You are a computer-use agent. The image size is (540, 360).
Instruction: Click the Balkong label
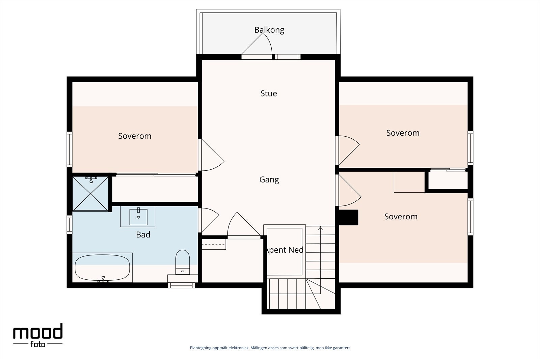[x=269, y=30]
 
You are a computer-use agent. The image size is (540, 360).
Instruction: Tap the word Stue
[x=269, y=93]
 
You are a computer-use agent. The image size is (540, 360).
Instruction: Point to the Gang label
[x=269, y=180]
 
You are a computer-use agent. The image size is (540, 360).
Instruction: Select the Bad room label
[x=143, y=235]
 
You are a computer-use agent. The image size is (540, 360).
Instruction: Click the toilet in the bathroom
[x=183, y=262]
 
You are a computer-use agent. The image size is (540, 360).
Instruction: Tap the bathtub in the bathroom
[x=103, y=268]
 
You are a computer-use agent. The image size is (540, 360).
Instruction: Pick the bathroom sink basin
[x=138, y=217]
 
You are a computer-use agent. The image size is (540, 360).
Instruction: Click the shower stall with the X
[x=90, y=193]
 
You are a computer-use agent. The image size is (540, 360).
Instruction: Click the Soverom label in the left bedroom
[x=135, y=136]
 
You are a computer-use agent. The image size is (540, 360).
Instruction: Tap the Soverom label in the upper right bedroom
[x=403, y=133]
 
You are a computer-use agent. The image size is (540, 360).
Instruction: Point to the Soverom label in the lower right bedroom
[x=401, y=217]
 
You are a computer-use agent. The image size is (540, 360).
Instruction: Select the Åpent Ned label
[x=284, y=250]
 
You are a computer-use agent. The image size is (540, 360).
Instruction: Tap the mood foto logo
[x=38, y=335]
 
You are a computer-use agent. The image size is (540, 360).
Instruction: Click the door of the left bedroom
[x=211, y=155]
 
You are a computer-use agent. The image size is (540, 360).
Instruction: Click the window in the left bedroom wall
[x=70, y=149]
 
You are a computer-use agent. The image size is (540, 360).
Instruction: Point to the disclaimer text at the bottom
[x=270, y=348]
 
